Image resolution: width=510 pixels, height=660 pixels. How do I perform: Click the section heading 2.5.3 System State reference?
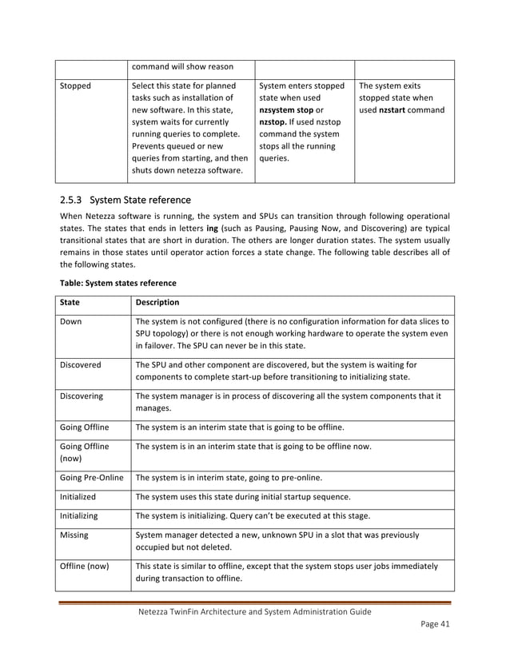126,200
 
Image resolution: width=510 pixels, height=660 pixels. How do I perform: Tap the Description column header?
157,303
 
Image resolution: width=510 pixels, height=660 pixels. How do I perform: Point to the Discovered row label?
80,364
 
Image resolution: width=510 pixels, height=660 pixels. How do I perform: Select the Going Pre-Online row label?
91,478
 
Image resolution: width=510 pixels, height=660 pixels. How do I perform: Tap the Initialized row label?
78,497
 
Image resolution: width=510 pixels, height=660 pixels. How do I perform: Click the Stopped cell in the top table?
76,85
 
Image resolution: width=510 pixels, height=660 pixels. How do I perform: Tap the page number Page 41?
436,627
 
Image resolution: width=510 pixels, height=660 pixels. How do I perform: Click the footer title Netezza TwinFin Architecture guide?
254,612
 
